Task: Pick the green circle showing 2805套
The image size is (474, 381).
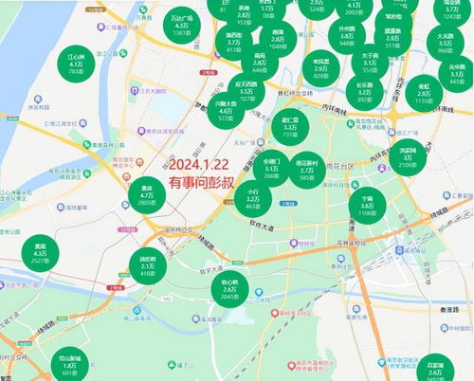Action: pos(146,197)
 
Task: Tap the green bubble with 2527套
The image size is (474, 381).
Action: pos(41,254)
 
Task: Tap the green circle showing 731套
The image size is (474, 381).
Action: pos(291,128)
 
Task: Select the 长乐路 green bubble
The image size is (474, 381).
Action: pos(365,91)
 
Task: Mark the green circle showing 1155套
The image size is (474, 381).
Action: pos(423,92)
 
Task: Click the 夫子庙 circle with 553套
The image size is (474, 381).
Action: pos(370,63)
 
